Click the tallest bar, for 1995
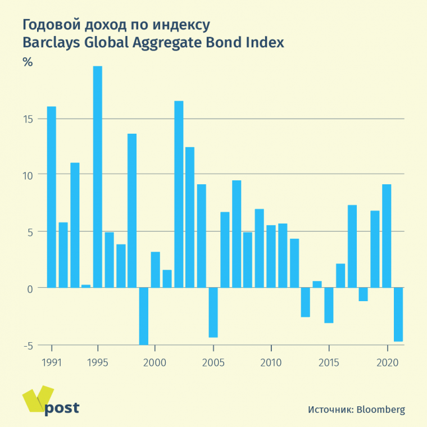[x=98, y=177]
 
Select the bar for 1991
[x=51, y=197]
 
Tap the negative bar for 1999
[x=144, y=316]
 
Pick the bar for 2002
[x=179, y=194]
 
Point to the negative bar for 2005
[x=213, y=312]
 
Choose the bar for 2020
[x=387, y=236]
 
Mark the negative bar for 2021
[x=398, y=314]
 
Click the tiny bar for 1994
[x=86, y=286]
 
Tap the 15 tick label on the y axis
[x=29, y=119]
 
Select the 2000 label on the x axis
[x=155, y=362]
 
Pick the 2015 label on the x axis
[x=329, y=362]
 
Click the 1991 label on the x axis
[x=52, y=362]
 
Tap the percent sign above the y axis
[x=28, y=62]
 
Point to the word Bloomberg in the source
[x=381, y=410]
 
